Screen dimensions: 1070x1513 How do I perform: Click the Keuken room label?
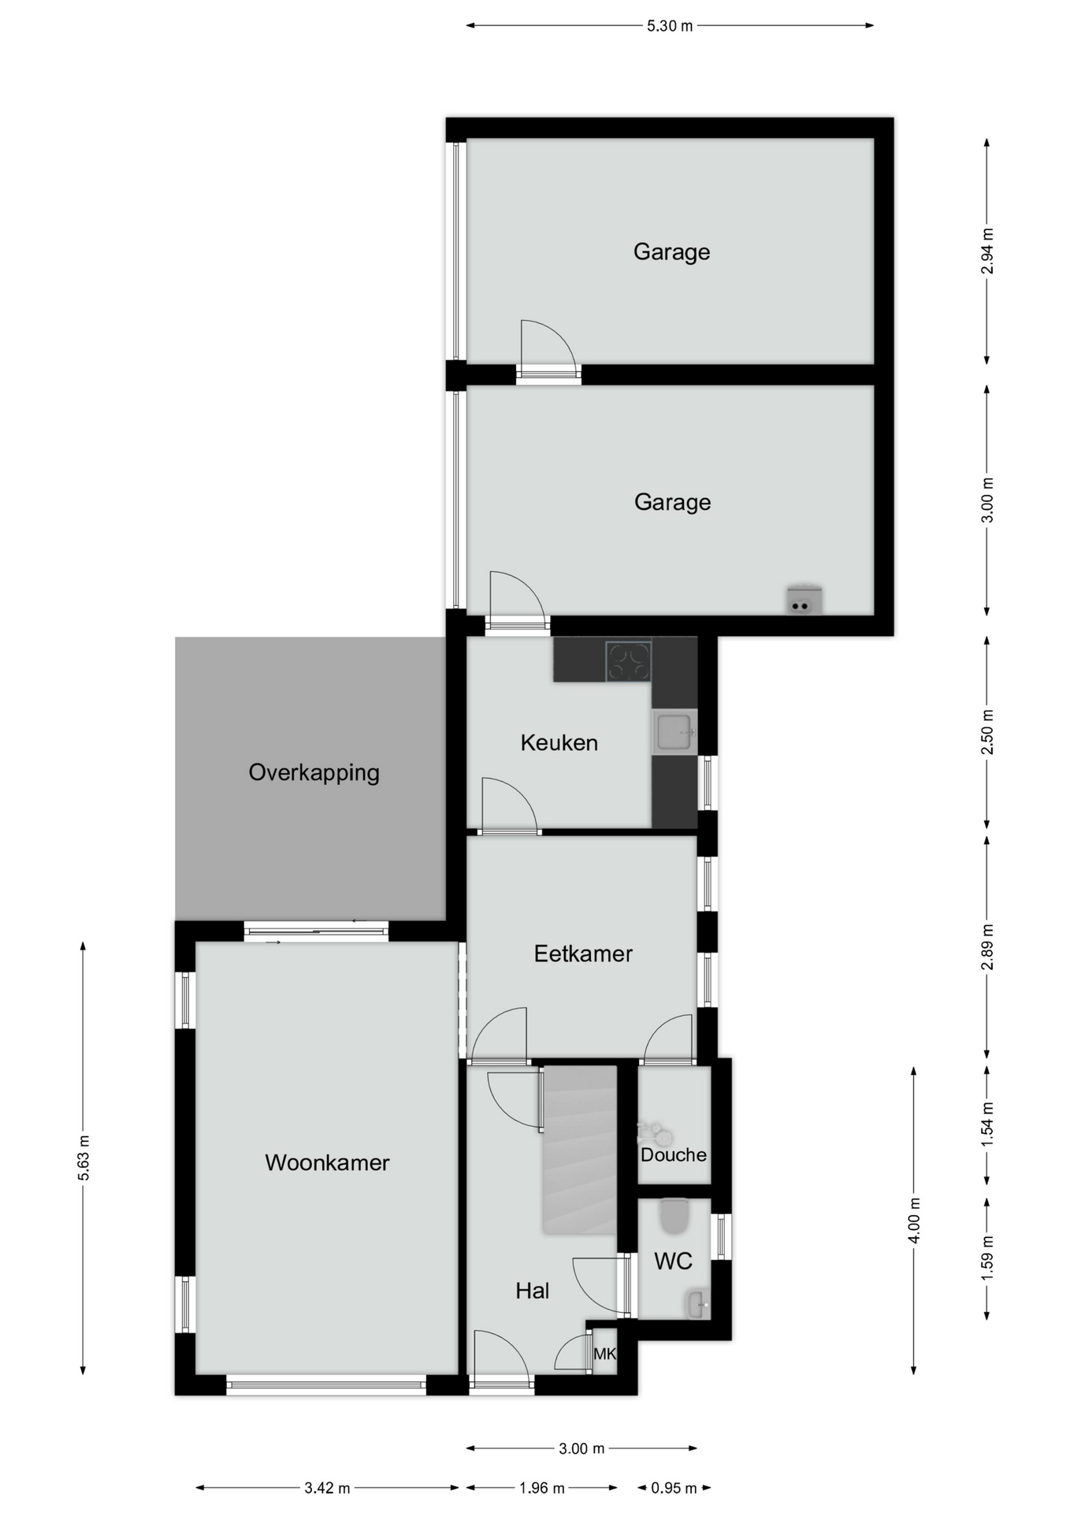click(559, 742)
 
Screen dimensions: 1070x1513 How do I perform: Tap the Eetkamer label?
click(583, 954)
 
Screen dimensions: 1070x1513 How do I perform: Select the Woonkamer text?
click(327, 1162)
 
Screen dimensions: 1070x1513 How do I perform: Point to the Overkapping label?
click(314, 772)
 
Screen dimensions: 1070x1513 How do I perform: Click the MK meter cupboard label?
click(604, 1354)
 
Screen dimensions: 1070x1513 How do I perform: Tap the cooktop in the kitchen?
click(628, 661)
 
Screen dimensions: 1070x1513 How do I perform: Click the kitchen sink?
click(674, 732)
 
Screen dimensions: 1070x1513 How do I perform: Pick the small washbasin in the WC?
click(698, 1304)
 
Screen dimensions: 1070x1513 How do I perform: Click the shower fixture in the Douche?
click(654, 1134)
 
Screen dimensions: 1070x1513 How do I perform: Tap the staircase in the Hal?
click(579, 1150)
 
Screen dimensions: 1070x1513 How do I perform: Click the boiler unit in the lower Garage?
click(804, 600)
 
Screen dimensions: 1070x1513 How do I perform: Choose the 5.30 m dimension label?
click(670, 26)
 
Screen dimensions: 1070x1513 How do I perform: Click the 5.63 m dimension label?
click(84, 1158)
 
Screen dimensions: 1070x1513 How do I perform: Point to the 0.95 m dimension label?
click(674, 1488)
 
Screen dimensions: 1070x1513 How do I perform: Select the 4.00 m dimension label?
click(914, 1220)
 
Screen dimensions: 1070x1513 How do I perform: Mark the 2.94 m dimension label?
click(987, 251)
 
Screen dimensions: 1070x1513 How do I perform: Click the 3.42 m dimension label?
click(327, 1488)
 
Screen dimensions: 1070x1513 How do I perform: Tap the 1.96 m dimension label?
click(541, 1488)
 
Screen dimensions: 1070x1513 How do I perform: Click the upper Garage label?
click(671, 252)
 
